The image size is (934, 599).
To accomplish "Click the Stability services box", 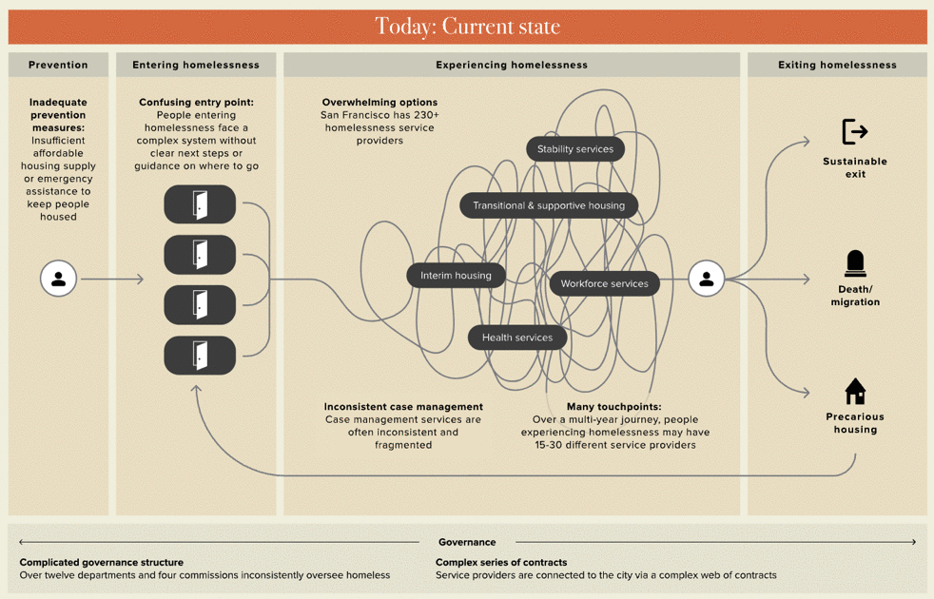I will [x=575, y=149].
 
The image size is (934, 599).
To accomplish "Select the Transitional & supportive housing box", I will [x=549, y=205].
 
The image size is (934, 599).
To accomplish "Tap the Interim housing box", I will [x=456, y=276].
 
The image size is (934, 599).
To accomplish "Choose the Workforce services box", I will [x=604, y=283].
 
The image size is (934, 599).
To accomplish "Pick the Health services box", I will [x=517, y=338].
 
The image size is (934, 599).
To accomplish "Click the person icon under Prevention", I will [x=58, y=280].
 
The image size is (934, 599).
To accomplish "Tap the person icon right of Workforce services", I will [x=706, y=280].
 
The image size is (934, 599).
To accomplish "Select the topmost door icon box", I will [x=200, y=204].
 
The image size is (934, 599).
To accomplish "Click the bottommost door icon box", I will [x=200, y=355].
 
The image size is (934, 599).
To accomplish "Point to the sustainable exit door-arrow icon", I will [x=854, y=131].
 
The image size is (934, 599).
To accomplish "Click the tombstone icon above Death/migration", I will [x=855, y=263].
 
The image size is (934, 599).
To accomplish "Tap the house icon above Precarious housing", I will [x=855, y=392].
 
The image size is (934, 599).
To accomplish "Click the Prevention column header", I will [x=58, y=65].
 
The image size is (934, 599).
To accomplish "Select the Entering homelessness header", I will [x=196, y=65].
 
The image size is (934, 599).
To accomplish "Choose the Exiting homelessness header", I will [x=837, y=65].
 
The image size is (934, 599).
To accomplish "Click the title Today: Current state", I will [x=467, y=27].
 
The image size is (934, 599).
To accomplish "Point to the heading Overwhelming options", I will [x=379, y=103].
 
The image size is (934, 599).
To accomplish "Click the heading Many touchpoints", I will [x=613, y=407].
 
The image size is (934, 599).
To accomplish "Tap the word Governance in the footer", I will [x=467, y=542].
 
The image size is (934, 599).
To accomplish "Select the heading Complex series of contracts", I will [x=501, y=562].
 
